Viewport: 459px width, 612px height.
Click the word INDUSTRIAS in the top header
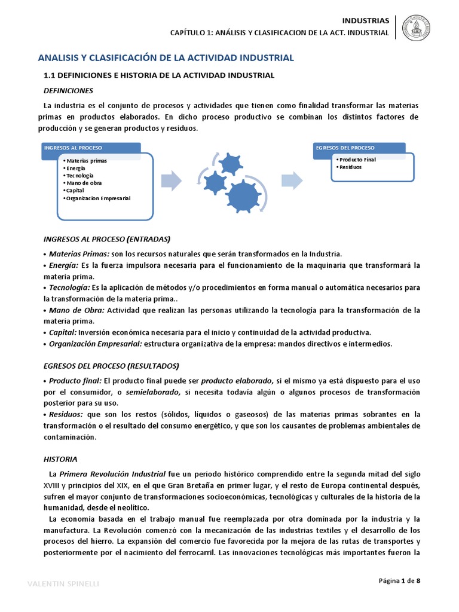[365, 20]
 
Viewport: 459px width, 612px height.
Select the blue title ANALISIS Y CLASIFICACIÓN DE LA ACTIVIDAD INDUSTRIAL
[166, 58]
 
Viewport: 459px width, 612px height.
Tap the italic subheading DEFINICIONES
[69, 91]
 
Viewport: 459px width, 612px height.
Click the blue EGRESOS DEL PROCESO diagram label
[345, 148]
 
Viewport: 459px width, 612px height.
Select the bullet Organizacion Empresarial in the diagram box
[98, 198]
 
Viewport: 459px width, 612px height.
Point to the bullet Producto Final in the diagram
[356, 160]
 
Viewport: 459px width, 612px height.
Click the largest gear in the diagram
[244, 195]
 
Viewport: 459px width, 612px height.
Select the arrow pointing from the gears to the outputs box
[292, 180]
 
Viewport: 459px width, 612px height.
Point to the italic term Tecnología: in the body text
[68, 287]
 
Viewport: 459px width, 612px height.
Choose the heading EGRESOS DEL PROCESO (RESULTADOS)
[112, 366]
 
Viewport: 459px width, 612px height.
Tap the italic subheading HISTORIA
[60, 460]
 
